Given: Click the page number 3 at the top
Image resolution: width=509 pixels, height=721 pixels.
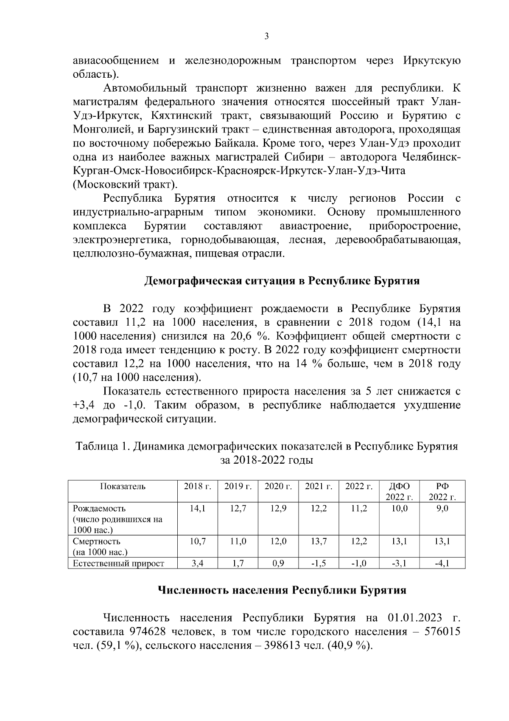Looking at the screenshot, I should pyautogui.click(x=266, y=37).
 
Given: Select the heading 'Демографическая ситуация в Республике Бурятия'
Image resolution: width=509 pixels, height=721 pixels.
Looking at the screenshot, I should pyautogui.click(x=282, y=281).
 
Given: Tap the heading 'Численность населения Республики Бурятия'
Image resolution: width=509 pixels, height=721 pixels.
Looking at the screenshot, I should pyautogui.click(x=282, y=590).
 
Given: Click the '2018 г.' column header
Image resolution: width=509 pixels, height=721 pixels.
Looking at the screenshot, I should pyautogui.click(x=198, y=487).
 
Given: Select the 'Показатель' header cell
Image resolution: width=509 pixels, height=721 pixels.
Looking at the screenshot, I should pyautogui.click(x=123, y=487).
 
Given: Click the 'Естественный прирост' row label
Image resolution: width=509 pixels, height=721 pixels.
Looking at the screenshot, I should pyautogui.click(x=118, y=563).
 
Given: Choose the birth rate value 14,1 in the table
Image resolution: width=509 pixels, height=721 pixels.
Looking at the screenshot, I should pyautogui.click(x=198, y=508).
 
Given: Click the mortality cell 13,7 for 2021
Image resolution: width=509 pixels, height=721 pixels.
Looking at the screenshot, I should pyautogui.click(x=319, y=541).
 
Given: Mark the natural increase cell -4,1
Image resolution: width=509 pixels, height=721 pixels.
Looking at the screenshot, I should pyautogui.click(x=442, y=563).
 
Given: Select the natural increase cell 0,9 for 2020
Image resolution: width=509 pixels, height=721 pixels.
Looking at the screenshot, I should pyautogui.click(x=278, y=563).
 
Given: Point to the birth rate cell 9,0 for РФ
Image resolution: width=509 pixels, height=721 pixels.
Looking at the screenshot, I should pyautogui.click(x=442, y=508).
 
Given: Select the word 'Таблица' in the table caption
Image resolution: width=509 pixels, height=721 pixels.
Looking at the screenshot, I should pyautogui.click(x=96, y=446).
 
